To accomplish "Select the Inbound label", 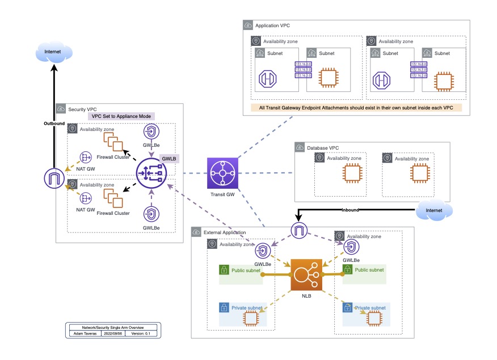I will pos(350,210).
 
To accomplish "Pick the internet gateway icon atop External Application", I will pos(299,231).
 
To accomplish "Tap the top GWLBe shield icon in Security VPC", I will pos(151,132).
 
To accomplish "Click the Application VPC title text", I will pos(273,26).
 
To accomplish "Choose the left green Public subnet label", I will pos(246,270).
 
